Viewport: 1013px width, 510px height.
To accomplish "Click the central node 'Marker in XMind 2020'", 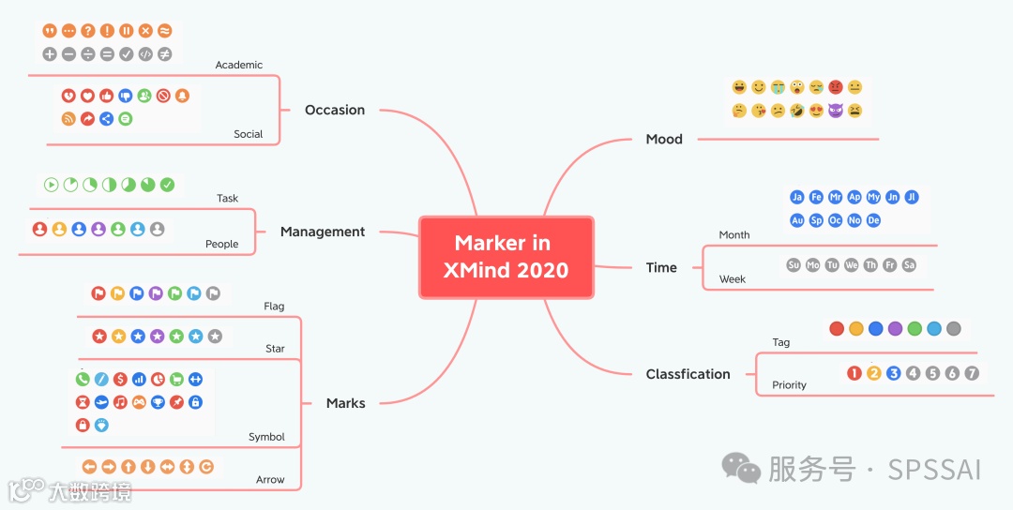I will click(x=506, y=257).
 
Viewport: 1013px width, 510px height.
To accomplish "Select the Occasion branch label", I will click(x=335, y=110).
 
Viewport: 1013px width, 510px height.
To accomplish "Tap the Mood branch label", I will click(x=664, y=139).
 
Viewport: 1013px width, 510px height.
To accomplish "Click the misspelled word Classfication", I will click(x=688, y=374).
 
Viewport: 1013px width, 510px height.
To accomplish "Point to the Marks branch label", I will click(x=345, y=403).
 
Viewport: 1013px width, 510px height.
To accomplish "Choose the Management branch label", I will click(x=323, y=232).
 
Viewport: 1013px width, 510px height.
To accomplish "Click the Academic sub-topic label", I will click(x=239, y=65).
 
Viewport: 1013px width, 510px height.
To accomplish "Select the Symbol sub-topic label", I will click(x=266, y=437).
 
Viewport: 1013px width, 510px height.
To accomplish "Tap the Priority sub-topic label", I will click(x=789, y=385).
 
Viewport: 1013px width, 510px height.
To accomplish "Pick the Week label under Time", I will click(x=733, y=279).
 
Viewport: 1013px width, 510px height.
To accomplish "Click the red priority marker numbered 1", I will click(x=854, y=373).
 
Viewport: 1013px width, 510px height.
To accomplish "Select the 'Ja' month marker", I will click(x=797, y=197).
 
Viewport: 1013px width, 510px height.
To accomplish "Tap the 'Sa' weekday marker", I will click(x=909, y=265).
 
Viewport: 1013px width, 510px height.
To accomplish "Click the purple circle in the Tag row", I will click(x=895, y=329).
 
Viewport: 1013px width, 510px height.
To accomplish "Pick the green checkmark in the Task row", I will click(x=168, y=185).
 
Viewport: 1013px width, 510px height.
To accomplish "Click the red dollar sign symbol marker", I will click(x=120, y=380).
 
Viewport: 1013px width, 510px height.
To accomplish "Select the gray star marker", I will click(x=215, y=337).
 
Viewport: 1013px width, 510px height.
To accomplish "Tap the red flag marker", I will click(x=98, y=293).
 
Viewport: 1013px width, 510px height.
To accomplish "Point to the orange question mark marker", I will click(x=88, y=31).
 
